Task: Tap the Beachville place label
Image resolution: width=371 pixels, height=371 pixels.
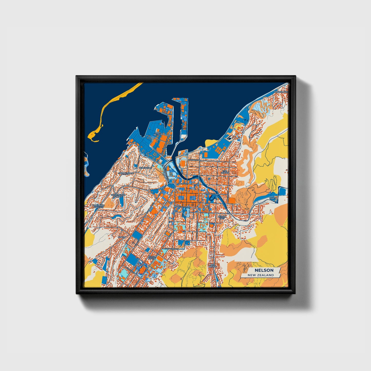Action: point(146,168)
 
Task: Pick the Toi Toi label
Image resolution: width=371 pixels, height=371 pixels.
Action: point(122,237)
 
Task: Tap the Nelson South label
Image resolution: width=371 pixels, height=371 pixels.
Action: point(152,258)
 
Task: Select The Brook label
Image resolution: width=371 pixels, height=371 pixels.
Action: point(213,265)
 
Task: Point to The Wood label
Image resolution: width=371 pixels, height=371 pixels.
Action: point(225,172)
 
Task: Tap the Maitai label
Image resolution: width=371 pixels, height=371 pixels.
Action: point(273,198)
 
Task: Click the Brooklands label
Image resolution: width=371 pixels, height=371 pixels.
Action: point(281,92)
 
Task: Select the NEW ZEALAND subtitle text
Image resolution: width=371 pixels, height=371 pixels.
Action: point(261,275)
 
